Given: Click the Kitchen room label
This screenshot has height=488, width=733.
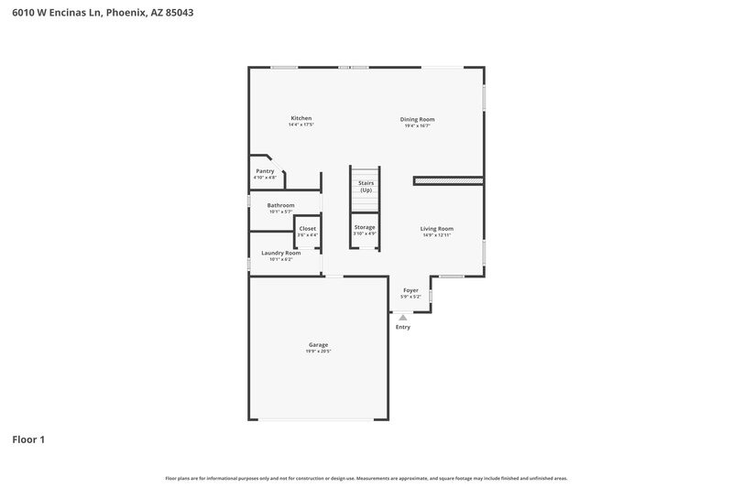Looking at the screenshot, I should [301, 118].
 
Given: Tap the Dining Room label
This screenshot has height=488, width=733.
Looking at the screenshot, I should [417, 119].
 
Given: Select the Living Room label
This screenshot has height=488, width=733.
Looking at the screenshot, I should [437, 229].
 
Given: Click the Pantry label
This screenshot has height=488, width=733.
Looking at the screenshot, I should [265, 171].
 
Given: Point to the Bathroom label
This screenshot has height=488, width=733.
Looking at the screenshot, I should [280, 205].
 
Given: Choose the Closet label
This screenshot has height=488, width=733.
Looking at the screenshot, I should [308, 228].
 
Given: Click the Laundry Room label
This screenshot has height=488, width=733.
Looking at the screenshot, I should [280, 253].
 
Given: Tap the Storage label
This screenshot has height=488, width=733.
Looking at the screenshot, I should [365, 226].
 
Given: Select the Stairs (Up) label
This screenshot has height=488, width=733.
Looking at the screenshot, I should [366, 186].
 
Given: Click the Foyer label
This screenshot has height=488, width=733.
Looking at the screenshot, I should [410, 290].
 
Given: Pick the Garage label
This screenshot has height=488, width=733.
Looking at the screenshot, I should [318, 344].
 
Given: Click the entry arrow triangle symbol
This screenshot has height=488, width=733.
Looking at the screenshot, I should [402, 317].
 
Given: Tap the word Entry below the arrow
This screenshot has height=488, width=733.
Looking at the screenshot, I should [402, 327].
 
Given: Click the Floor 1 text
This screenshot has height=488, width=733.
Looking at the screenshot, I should [28, 439].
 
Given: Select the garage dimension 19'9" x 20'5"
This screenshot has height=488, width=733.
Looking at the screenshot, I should [318, 352].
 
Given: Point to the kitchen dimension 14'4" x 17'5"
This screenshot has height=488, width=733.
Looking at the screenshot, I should [301, 125].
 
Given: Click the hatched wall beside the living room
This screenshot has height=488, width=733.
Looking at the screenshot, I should [448, 181].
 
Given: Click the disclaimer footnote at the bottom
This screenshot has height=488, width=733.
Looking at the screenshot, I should [366, 478].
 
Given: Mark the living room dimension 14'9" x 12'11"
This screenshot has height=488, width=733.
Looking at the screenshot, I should [437, 236].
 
